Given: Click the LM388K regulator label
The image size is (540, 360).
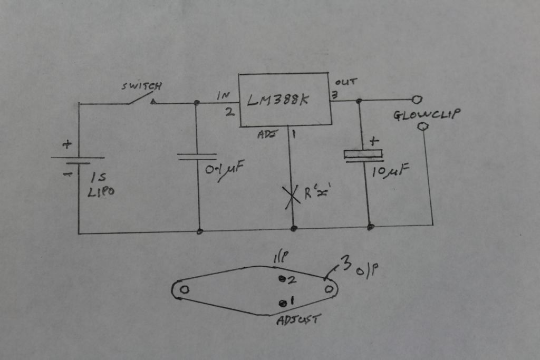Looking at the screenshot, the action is pyautogui.click(x=277, y=100).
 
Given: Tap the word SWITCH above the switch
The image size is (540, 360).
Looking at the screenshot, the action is pyautogui.click(x=141, y=86).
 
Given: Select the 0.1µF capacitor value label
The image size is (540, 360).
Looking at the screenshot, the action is pyautogui.click(x=224, y=170).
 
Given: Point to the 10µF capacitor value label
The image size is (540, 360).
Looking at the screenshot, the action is pyautogui.click(x=391, y=170).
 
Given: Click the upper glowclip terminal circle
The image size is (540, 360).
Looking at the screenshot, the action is pyautogui.click(x=417, y=100).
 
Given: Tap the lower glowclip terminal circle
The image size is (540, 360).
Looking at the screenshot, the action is pyautogui.click(x=422, y=127).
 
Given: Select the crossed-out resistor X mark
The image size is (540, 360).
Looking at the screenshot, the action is pyautogui.click(x=291, y=197).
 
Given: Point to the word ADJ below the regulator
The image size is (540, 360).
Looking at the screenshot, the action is pyautogui.click(x=266, y=134).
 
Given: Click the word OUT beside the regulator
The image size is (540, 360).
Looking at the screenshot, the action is pyautogui.click(x=346, y=82).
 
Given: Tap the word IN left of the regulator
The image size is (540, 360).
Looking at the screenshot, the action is pyautogui.click(x=223, y=96).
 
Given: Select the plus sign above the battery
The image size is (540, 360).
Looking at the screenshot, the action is pyautogui.click(x=67, y=144).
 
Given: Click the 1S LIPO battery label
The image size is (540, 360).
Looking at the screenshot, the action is pyautogui.click(x=101, y=185).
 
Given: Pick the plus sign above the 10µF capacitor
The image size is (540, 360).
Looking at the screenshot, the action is pyautogui.click(x=374, y=141).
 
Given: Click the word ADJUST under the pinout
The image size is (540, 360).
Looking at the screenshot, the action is pyautogui.click(x=298, y=320).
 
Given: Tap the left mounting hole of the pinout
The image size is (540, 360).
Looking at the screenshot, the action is pyautogui.click(x=185, y=289).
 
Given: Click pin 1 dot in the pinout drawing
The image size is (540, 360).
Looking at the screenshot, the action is pyautogui.click(x=283, y=303).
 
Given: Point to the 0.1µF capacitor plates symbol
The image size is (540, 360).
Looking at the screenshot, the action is pyautogui.click(x=197, y=157).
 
